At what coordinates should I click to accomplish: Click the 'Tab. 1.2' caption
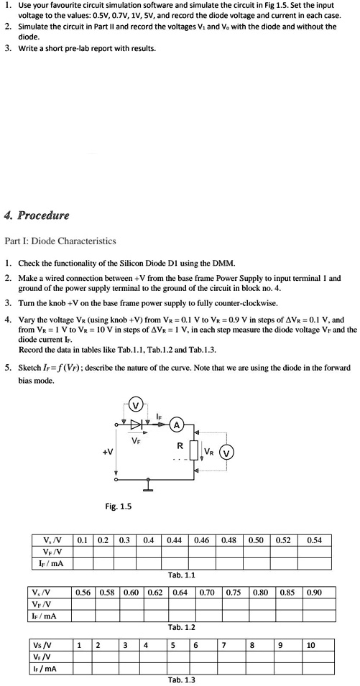tap(181, 627)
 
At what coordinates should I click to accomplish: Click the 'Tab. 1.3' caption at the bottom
tap(181, 680)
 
